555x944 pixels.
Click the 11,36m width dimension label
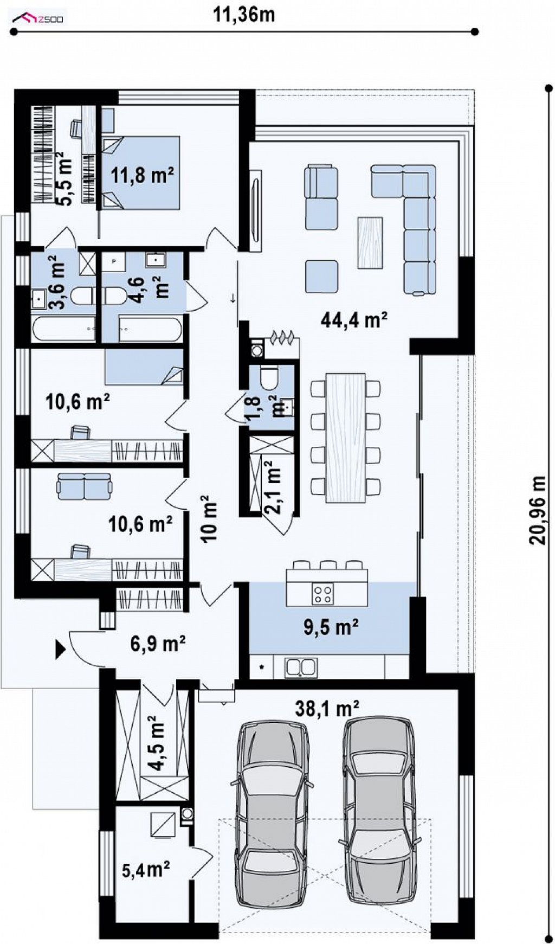pos(243,15)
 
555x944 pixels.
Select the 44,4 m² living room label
pos(354,320)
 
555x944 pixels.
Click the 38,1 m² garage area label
pos(327,707)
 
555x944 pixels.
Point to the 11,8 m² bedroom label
pos(143,175)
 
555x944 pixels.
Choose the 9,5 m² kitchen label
pos(331,627)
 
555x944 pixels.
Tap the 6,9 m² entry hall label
pos(158,644)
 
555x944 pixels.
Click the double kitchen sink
pos(301,667)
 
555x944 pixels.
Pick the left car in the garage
pos(273,812)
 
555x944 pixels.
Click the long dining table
pos(346,437)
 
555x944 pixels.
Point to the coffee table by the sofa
pos(370,242)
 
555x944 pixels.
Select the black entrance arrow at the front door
pos(60,648)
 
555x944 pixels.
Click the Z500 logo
pos(38,20)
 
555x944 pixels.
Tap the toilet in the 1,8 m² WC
pos(268,377)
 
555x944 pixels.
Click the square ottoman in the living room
pos(322,277)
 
